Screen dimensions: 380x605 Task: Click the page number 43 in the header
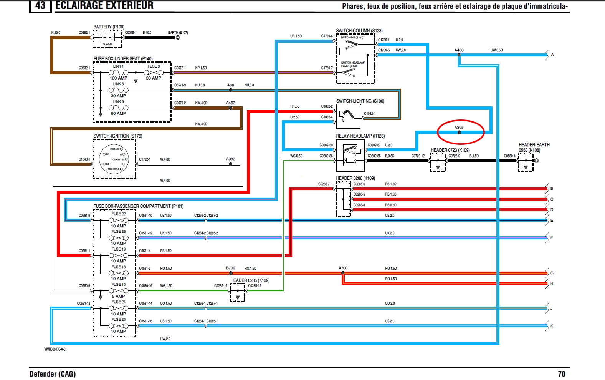[x=40, y=5]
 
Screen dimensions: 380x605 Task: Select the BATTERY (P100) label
[x=109, y=27]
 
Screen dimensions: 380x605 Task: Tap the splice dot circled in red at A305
[x=459, y=133]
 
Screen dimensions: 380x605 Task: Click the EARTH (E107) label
[x=178, y=33]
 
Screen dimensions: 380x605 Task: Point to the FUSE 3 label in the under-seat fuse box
[x=154, y=66]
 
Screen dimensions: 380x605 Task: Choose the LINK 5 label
[x=118, y=102]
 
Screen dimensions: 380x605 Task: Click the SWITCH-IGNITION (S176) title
[x=117, y=136]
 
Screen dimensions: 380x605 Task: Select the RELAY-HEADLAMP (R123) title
[x=360, y=136]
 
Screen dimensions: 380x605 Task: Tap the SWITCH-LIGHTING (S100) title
[x=360, y=101]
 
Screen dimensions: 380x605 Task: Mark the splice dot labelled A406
[x=459, y=55]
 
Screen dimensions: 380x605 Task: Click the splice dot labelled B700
[x=231, y=273]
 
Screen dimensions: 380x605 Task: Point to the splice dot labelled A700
[x=343, y=273]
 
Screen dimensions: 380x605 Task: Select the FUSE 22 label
[x=118, y=214]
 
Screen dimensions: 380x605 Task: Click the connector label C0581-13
[x=84, y=304]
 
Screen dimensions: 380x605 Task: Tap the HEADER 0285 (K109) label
[x=250, y=280]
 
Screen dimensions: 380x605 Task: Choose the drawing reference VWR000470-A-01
[x=55, y=349]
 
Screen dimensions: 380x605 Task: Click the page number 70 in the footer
[x=562, y=374]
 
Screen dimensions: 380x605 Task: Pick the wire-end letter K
[x=552, y=326]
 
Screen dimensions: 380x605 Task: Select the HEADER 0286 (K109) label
[x=355, y=178]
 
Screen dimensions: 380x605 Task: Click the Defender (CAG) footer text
[x=52, y=374]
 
